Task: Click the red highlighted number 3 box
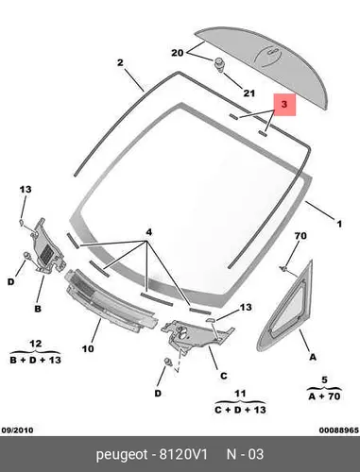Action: point(284,105)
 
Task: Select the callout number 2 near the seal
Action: point(120,62)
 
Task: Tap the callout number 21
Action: point(249,93)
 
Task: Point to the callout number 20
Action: point(178,53)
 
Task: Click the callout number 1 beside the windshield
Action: point(339,224)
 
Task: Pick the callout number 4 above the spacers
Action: point(149,232)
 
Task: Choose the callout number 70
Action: point(300,236)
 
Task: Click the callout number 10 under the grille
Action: point(88,348)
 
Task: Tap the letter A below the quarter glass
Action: point(313,357)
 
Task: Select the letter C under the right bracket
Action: point(223,376)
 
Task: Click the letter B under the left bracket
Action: point(38,309)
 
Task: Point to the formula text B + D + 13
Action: point(35,360)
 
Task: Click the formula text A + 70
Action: point(324,396)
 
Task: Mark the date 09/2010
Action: point(17,430)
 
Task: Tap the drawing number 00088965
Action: point(339,430)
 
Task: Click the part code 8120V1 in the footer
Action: point(183,454)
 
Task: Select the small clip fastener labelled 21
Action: point(220,65)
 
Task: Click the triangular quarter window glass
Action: point(285,310)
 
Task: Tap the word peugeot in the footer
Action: point(122,455)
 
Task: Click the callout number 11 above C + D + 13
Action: point(240,394)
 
